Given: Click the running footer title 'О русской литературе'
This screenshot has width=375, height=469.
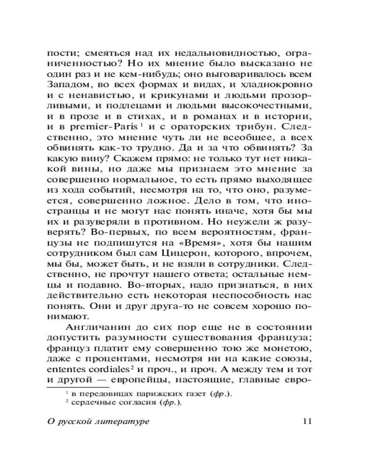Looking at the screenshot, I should tap(98, 421).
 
